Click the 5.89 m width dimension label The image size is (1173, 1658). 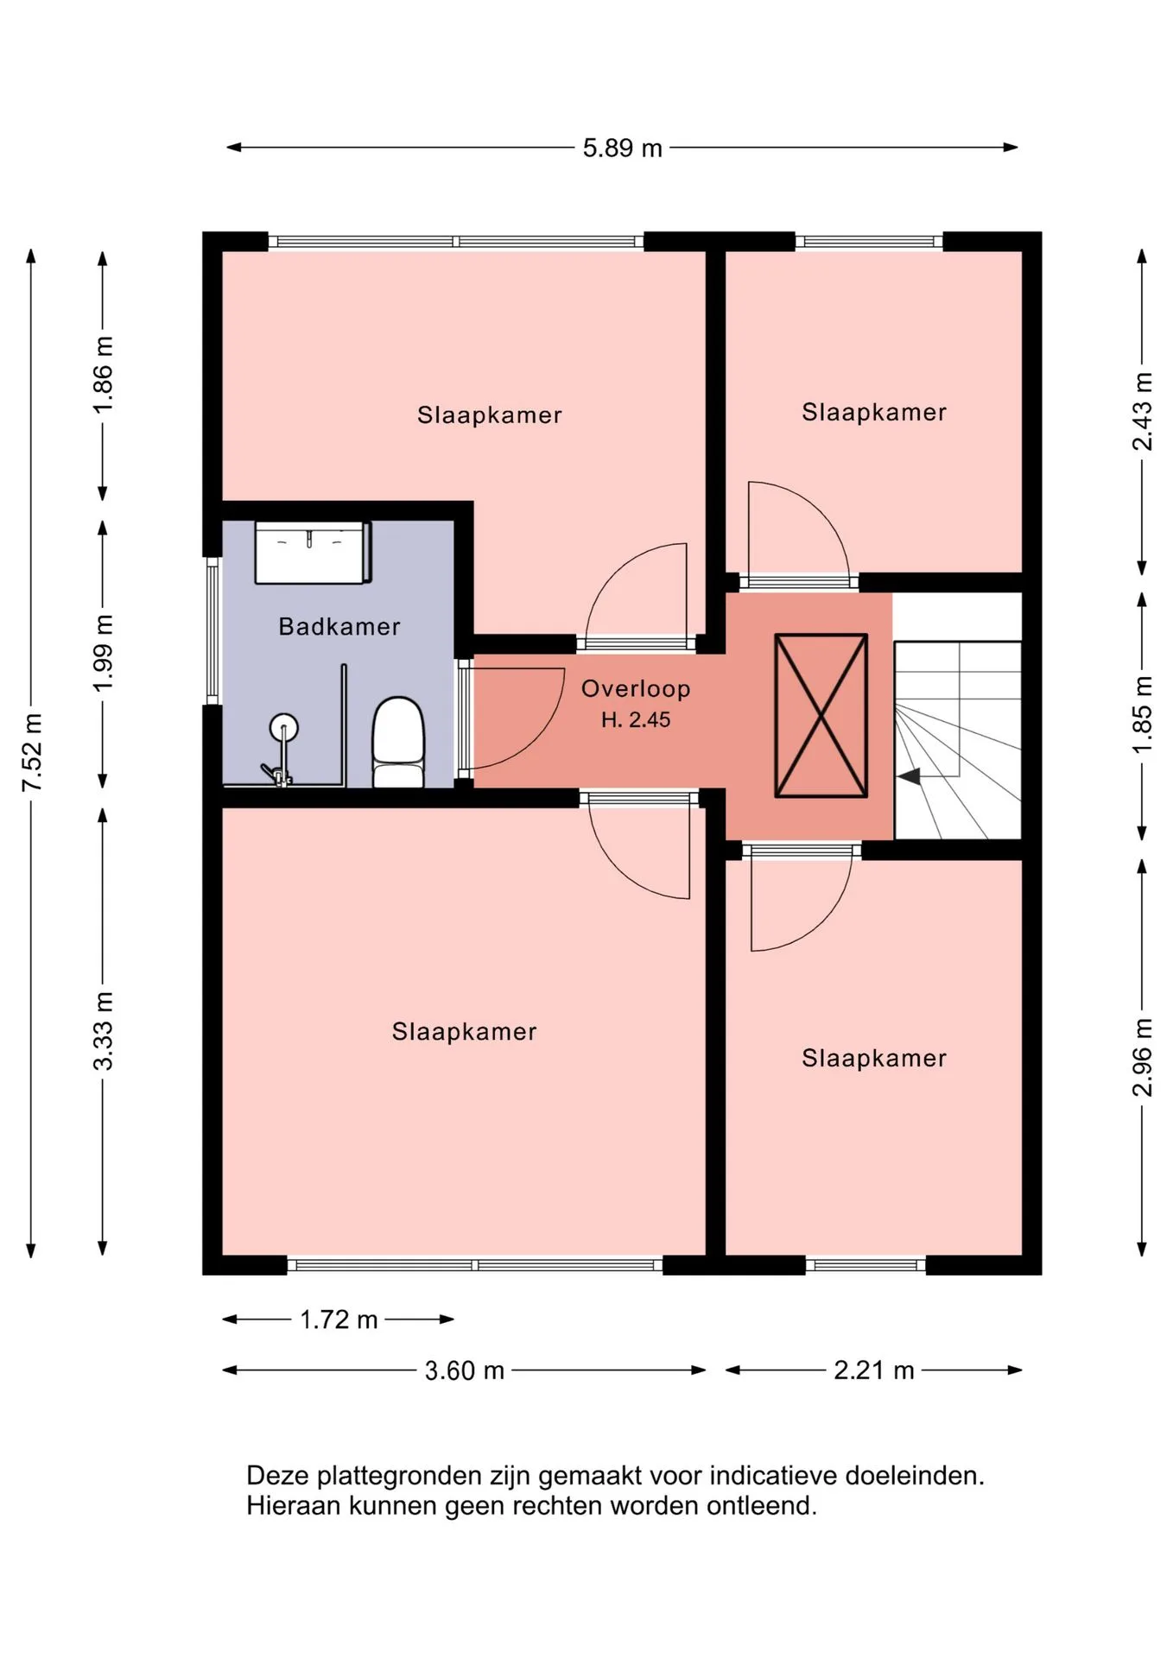[622, 148]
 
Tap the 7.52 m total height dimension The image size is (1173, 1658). [32, 752]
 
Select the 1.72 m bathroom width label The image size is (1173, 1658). [339, 1319]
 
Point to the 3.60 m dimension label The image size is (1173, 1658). [464, 1370]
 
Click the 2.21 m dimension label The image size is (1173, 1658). [873, 1370]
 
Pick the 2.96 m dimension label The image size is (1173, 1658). [1143, 1057]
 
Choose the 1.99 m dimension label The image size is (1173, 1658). [103, 652]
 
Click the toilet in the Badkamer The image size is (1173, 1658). [398, 742]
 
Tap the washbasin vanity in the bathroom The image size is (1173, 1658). [313, 552]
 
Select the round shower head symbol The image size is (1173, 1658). [283, 728]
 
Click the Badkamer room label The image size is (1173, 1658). [339, 626]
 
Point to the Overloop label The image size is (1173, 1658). [636, 688]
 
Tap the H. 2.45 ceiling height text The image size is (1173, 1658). [636, 719]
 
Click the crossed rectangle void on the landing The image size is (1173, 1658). [821, 715]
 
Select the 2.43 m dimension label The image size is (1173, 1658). [1143, 411]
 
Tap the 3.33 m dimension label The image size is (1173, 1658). [103, 1031]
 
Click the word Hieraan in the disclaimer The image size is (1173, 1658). [293, 1506]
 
